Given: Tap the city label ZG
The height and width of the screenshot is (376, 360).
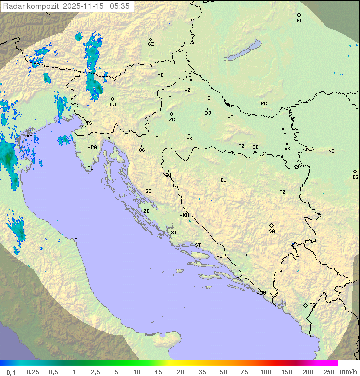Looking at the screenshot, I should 172,120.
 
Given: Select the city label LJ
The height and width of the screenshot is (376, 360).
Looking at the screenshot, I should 113,104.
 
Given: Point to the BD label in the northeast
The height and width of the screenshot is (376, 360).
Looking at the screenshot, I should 299,21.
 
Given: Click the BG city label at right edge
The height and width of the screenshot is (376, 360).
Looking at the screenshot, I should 355,177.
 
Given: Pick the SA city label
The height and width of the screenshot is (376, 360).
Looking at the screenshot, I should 272,231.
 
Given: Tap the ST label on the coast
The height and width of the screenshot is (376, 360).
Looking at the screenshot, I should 198,245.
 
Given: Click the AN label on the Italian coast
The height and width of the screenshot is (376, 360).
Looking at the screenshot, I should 77,240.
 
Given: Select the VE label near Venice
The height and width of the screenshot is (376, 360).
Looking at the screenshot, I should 29,136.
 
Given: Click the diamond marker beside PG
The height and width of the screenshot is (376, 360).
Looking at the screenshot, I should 305,305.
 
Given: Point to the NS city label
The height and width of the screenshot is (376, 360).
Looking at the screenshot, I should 331,151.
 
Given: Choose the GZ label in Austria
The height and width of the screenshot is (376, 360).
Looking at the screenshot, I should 151,44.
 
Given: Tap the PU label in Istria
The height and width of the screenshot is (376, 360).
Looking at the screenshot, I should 90,168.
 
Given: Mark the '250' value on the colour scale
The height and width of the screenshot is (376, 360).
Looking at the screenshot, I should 329,372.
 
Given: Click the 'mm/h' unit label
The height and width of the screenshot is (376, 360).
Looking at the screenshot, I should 348,372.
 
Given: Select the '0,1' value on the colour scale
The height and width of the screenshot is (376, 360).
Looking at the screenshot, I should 11,372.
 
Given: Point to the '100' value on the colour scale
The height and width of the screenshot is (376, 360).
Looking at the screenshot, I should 265,372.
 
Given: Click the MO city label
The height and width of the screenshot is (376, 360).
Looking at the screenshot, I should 251,255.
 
